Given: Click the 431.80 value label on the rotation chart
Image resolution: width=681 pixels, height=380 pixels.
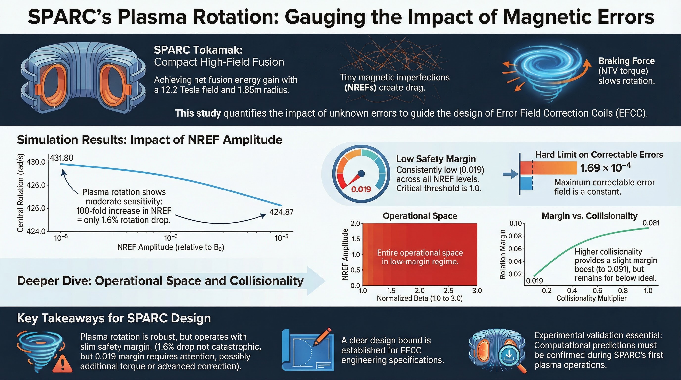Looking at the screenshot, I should click(62, 158).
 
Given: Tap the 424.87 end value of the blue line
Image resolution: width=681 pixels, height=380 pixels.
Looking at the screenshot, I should click(281, 212).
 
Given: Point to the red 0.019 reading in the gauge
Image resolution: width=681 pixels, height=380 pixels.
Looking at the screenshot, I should click(361, 189).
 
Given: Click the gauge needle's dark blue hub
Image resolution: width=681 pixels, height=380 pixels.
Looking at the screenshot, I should click(361, 174).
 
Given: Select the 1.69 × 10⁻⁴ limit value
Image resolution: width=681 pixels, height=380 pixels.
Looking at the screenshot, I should click(605, 168).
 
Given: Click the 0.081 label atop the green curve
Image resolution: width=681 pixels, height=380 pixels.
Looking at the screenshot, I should click(651, 223).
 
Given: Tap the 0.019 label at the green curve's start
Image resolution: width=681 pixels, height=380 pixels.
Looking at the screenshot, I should click(534, 281).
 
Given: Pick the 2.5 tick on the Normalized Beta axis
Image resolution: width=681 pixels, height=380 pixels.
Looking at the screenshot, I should click(448, 291).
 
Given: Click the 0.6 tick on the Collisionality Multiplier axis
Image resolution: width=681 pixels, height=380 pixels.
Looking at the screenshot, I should click(597, 291).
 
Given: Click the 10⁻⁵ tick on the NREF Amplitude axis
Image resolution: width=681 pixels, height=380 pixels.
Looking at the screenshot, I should click(61, 238).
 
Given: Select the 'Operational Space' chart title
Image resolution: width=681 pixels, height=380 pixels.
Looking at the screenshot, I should click(420, 216).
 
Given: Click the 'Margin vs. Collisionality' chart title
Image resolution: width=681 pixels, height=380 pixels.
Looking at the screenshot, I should click(589, 216).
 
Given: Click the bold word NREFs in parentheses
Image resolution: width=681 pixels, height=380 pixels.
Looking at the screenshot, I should click(360, 88).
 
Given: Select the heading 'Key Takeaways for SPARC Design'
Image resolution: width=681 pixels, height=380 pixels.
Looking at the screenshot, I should click(114, 318).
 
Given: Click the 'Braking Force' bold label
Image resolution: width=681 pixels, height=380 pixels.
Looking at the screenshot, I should click(626, 61).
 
